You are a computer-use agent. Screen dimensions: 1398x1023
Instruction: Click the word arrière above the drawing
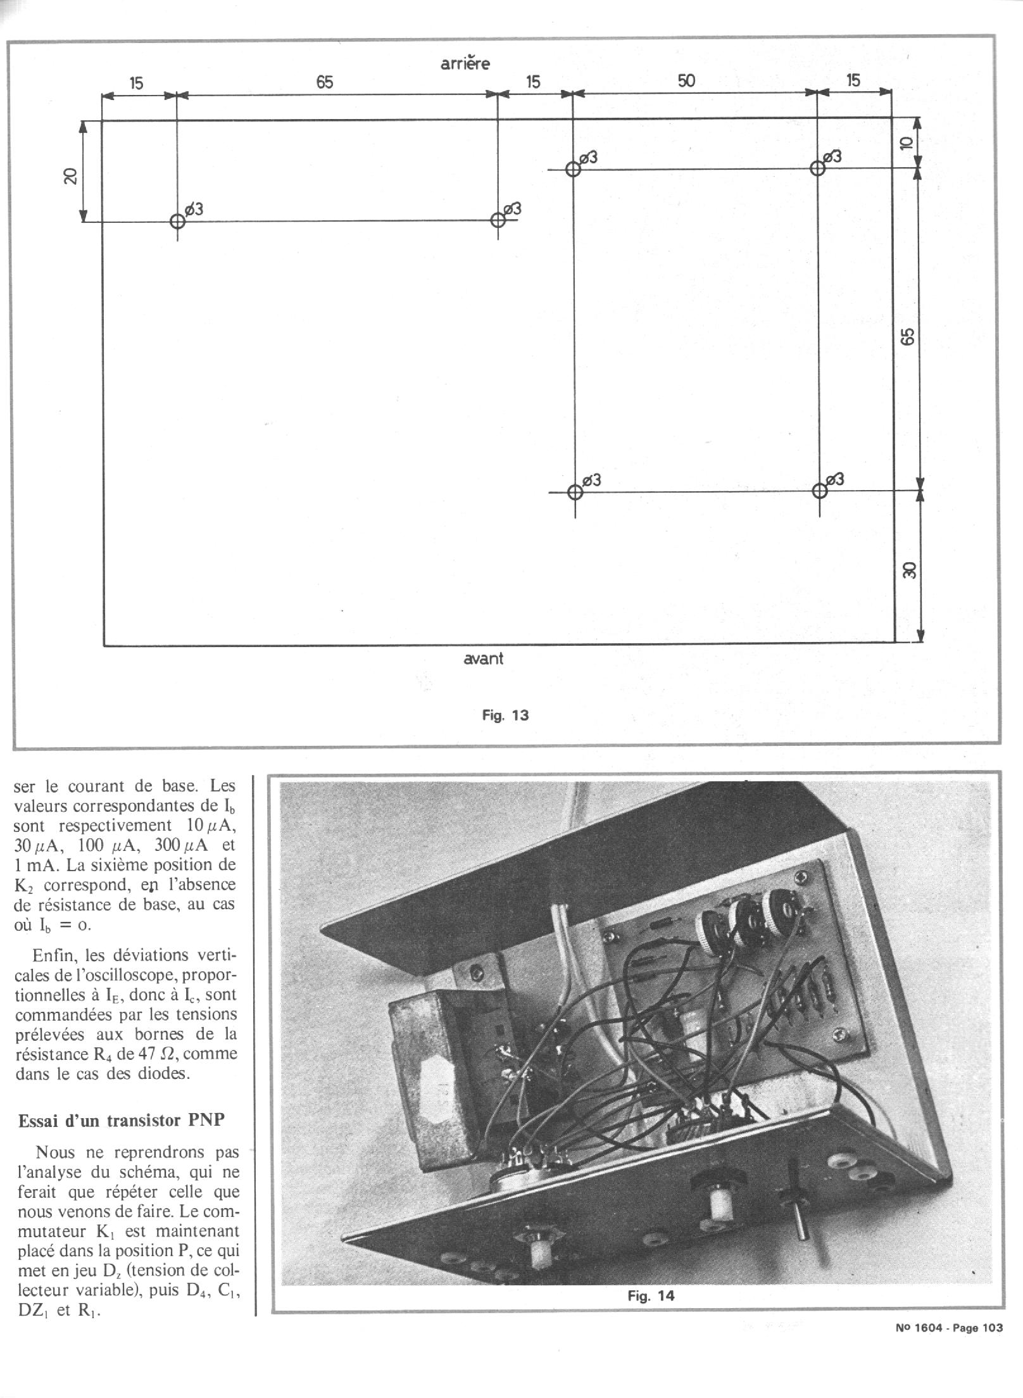[465, 63]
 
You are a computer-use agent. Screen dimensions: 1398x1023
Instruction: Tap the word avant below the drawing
[483, 658]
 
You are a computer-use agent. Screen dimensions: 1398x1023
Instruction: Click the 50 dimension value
[686, 81]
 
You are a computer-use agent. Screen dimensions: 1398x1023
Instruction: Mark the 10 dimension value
[906, 144]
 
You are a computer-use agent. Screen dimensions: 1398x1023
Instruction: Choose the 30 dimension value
[909, 570]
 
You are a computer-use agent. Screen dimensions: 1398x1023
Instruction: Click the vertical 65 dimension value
[908, 336]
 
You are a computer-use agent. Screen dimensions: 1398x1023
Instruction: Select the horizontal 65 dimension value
[324, 82]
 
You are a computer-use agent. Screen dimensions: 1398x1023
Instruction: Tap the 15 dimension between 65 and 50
[533, 82]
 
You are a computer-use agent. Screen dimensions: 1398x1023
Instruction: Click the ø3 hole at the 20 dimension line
[177, 222]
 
